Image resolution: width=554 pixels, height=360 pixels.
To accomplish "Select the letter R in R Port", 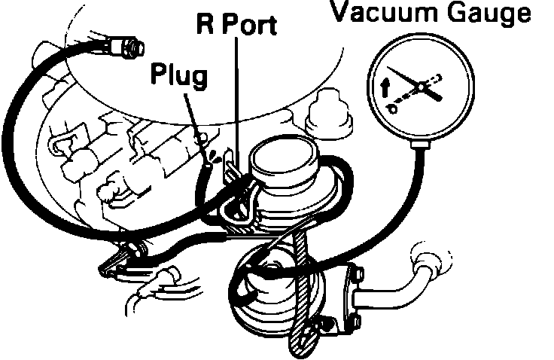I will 205,25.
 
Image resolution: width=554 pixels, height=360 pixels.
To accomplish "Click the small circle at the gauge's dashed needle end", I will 391,108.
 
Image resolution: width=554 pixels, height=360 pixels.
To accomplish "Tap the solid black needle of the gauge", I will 411,80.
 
